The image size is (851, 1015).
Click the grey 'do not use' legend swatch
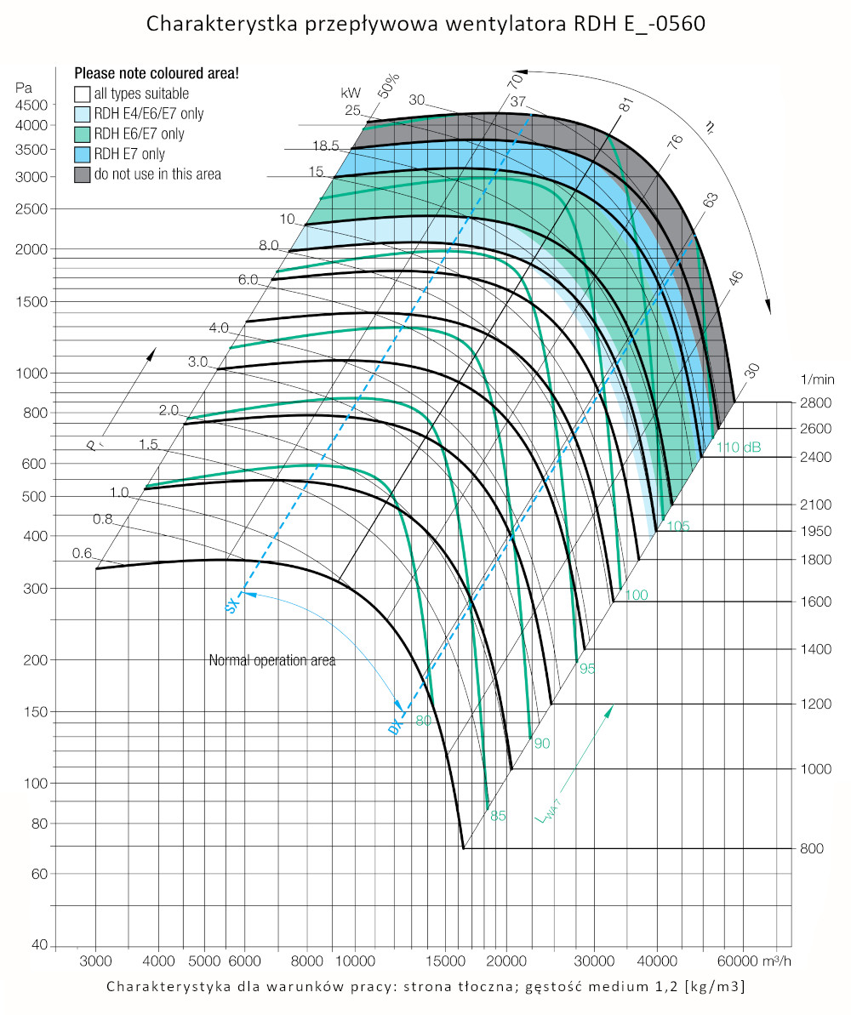[83, 174]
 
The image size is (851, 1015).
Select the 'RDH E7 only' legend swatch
[83, 154]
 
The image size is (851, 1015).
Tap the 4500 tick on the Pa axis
[33, 105]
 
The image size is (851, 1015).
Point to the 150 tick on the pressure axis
[35, 711]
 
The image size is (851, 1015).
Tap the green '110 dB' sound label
[739, 448]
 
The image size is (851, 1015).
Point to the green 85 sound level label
[498, 816]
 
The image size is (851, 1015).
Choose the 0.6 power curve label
[82, 553]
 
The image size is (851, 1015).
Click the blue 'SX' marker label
[231, 606]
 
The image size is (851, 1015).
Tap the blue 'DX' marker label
[394, 727]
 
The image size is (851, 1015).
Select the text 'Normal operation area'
[272, 660]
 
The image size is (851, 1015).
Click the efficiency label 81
[626, 105]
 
